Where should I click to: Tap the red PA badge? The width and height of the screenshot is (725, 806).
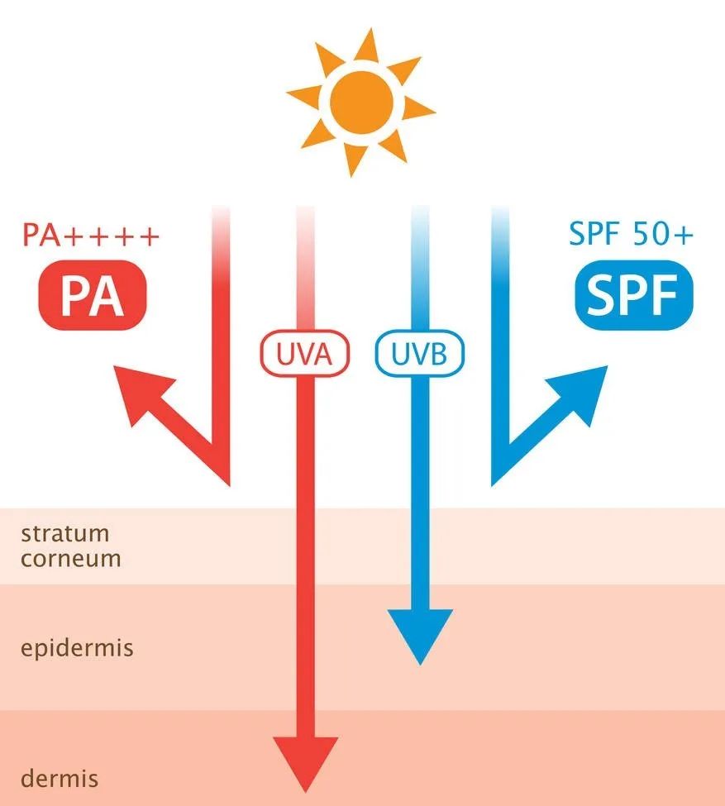coord(93,295)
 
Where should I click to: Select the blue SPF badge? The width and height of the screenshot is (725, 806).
coord(634,295)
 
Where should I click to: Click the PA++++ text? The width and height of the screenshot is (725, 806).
coord(91,235)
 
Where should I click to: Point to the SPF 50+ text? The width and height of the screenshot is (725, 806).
coord(631,234)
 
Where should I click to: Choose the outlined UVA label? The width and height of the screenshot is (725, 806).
coord(305,354)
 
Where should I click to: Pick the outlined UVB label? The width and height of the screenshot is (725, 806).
coord(420,354)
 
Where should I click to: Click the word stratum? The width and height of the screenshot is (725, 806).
coord(64,533)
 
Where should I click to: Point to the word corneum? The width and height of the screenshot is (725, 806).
coord(71,559)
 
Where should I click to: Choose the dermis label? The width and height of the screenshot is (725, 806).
coord(60,778)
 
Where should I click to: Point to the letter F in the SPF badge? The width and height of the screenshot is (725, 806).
coord(661,295)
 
